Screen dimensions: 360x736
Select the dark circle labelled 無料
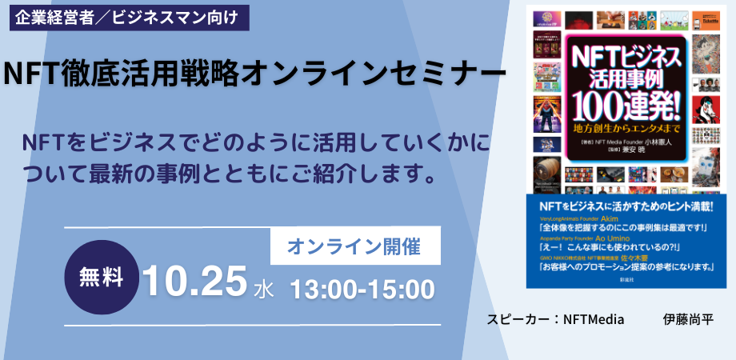(102, 278)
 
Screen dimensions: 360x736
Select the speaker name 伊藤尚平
(688, 318)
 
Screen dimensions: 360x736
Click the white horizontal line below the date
(253, 325)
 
